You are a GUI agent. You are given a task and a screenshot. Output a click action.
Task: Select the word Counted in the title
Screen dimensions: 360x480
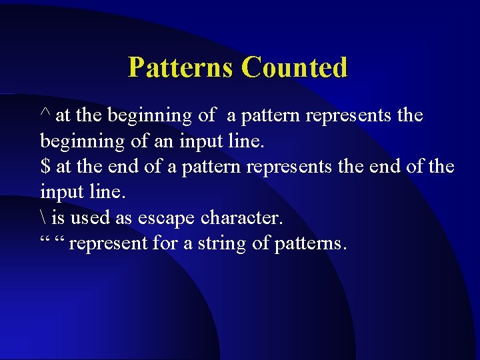[294, 67]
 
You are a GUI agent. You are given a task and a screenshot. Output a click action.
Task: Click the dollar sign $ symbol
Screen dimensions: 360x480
[45, 167]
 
